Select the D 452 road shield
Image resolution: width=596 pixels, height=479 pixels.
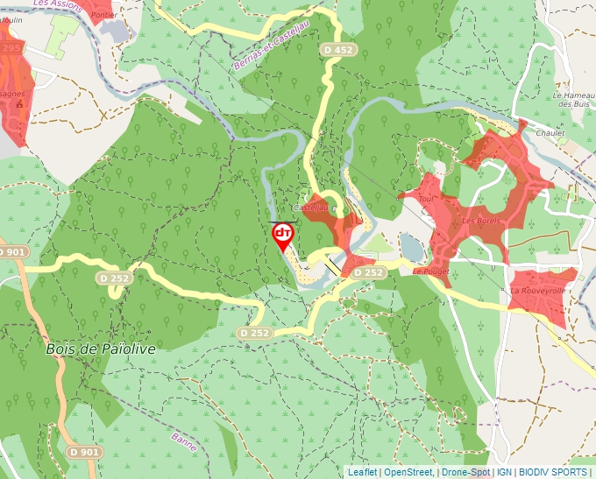[x=337, y=50]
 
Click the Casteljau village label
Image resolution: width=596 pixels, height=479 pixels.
[x=310, y=208]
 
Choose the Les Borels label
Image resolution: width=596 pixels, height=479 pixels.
[x=481, y=221]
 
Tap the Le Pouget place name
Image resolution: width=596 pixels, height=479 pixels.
[x=430, y=271]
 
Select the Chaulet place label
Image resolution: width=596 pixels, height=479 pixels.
[x=550, y=133]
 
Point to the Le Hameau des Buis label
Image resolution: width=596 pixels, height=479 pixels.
[x=571, y=99]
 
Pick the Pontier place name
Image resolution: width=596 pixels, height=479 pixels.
[x=103, y=15]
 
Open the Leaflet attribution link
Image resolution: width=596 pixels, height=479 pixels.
[x=363, y=472]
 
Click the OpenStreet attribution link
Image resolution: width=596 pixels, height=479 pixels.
[x=408, y=472]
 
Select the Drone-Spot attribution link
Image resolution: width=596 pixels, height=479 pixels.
[x=465, y=472]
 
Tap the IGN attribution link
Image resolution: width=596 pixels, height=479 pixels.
[x=504, y=472]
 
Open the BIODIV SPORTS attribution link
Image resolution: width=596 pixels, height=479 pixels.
[x=552, y=472]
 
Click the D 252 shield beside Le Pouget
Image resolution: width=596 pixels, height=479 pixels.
[x=369, y=273]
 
